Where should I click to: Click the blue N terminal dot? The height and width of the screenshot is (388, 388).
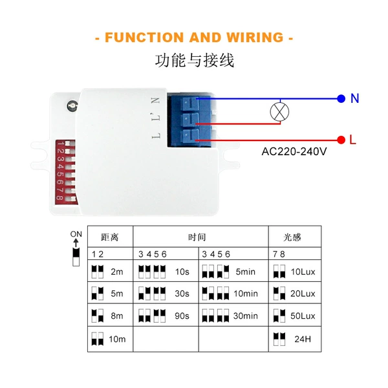tap(341, 98)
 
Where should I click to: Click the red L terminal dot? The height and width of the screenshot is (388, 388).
tap(341, 140)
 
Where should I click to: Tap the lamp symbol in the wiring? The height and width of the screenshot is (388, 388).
tap(279, 112)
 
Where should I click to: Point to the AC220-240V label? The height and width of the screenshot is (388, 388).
tap(294, 151)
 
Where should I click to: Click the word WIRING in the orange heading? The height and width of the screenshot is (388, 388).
tap(255, 38)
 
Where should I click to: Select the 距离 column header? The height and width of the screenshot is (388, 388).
tap(110, 237)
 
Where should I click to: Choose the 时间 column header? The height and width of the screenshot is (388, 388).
tap(197, 237)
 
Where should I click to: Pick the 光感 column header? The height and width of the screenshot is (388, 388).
tap(292, 237)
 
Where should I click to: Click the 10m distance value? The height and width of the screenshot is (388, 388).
tap(117, 339)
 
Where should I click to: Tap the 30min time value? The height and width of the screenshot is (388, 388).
tap(246, 316)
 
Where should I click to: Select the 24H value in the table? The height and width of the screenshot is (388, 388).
tap(303, 339)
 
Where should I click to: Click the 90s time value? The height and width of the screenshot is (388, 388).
tap(182, 316)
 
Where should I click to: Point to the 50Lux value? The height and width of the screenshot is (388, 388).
tap(303, 316)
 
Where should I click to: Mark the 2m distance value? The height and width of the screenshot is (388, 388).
tap(117, 272)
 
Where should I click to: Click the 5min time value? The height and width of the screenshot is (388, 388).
tap(245, 272)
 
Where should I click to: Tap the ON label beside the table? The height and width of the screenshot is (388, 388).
tap(76, 234)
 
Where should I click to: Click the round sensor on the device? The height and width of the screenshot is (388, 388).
tap(72, 105)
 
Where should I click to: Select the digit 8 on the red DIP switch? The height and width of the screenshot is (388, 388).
tap(59, 198)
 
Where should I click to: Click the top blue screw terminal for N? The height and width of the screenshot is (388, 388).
tap(189, 103)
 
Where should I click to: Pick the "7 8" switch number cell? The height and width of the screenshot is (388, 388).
tap(279, 254)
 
